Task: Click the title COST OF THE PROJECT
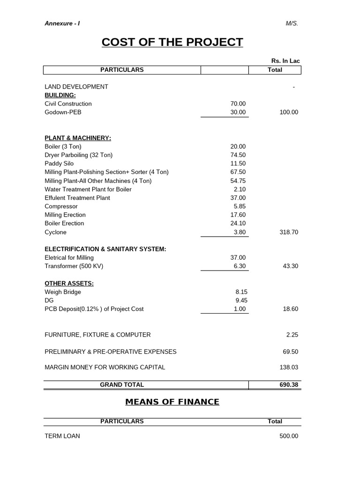tap(172, 42)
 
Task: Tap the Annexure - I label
tap(62, 23)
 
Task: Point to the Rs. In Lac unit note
tap(285, 61)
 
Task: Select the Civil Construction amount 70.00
tap(238, 104)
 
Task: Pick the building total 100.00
tap(288, 112)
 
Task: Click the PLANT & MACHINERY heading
tap(78, 138)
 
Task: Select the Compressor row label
tap(61, 206)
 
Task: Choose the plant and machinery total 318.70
tap(288, 232)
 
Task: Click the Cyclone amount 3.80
tap(239, 232)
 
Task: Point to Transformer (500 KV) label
tap(74, 266)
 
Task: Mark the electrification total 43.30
tap(290, 266)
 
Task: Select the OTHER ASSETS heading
tap(69, 284)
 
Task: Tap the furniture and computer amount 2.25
tap(292, 335)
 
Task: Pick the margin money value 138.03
tap(288, 367)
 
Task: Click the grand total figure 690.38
tap(288, 385)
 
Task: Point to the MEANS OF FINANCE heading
tap(172, 402)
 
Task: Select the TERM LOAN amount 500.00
tap(288, 436)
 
